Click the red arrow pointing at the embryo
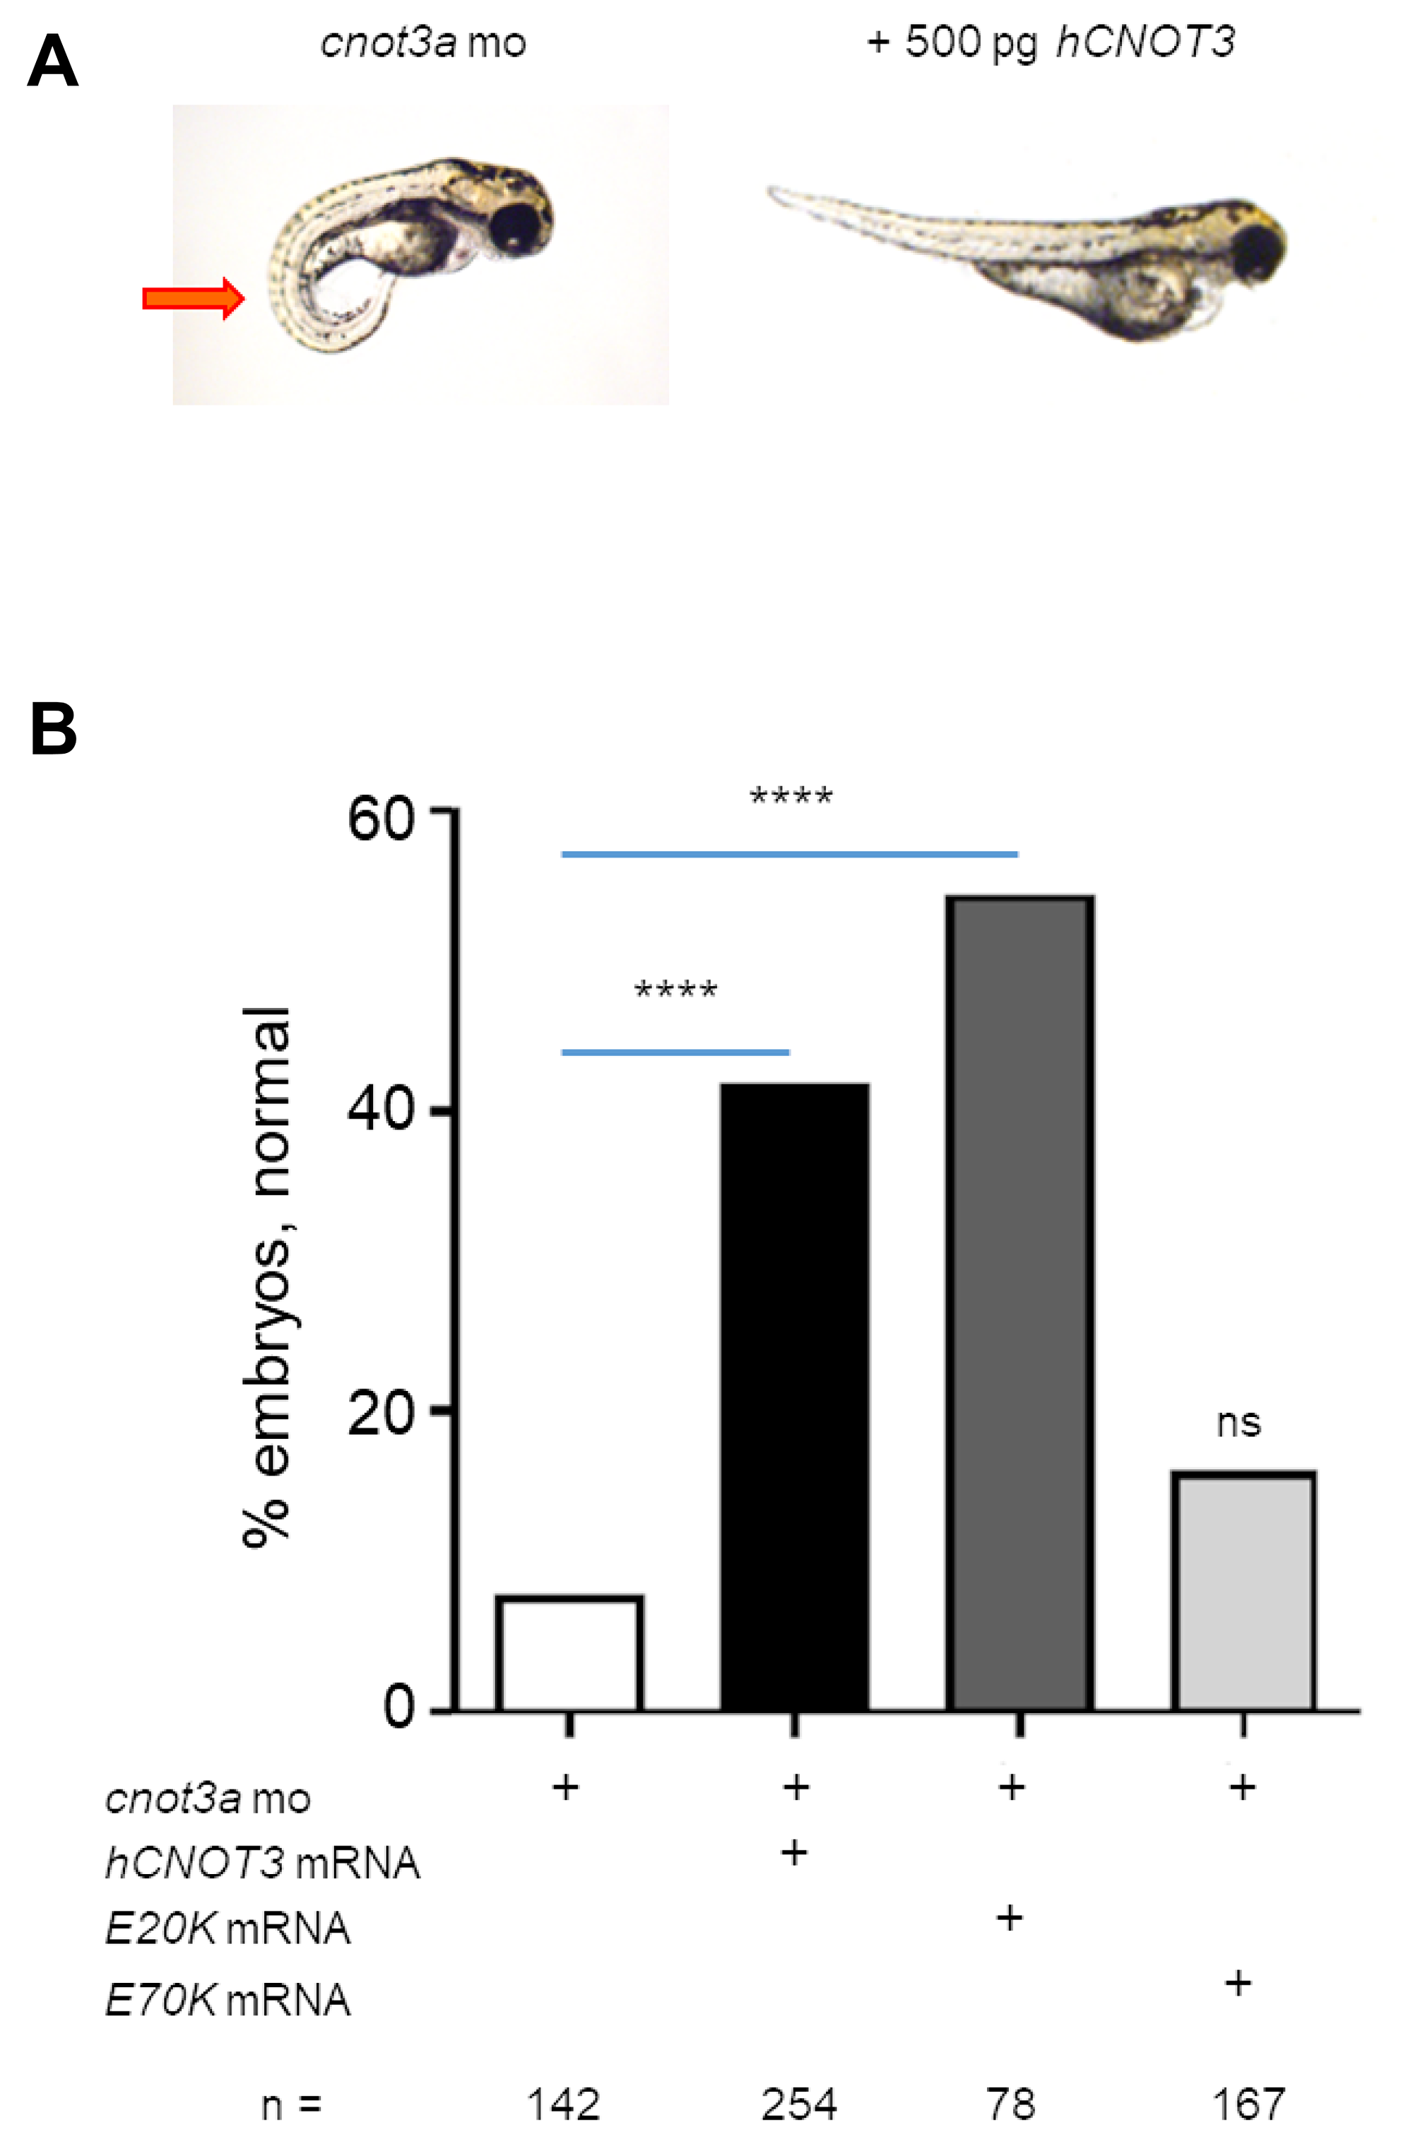pyautogui.click(x=193, y=297)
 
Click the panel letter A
pyautogui.click(x=52, y=61)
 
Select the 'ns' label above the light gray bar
pyautogui.click(x=1238, y=1423)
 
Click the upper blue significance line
pyautogui.click(x=789, y=853)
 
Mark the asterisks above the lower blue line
pyautogui.click(x=676, y=992)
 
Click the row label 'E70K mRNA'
pyautogui.click(x=227, y=2001)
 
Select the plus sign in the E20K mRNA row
pyautogui.click(x=1010, y=1919)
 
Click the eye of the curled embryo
pyautogui.click(x=517, y=226)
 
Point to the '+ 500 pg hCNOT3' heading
pyautogui.click(x=1050, y=42)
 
